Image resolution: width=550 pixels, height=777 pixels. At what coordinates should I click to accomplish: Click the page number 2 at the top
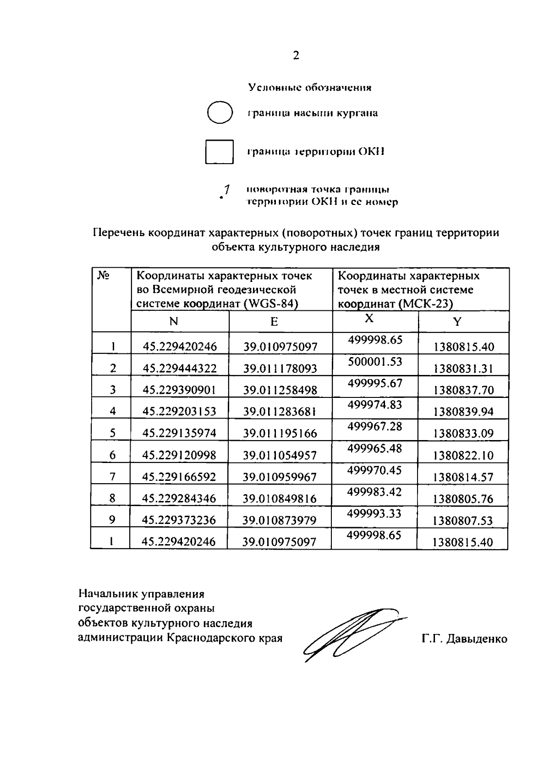(296, 55)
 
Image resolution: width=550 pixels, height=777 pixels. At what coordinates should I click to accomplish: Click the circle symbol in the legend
(220, 112)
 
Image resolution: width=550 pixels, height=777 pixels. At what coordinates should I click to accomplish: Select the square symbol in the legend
(219, 152)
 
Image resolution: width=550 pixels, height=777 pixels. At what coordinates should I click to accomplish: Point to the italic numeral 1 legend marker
(225, 189)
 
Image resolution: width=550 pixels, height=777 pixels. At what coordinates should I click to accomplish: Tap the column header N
(173, 321)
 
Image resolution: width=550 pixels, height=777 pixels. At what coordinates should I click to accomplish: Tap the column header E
(274, 321)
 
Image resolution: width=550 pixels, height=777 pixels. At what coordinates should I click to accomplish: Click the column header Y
(457, 321)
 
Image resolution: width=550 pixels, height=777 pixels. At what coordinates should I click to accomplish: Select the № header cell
(103, 276)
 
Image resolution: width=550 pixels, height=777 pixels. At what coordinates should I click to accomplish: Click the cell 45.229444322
(180, 369)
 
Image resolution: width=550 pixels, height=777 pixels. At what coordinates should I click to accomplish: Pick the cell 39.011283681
(280, 412)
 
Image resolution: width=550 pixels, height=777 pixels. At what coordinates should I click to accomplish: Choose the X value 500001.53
(375, 362)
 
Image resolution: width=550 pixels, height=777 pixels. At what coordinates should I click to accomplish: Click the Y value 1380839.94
(463, 412)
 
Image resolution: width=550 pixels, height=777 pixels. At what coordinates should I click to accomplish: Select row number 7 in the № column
(113, 477)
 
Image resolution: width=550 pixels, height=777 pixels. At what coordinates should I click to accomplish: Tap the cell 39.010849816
(280, 499)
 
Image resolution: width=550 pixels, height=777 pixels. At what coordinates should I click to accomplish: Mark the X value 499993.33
(374, 513)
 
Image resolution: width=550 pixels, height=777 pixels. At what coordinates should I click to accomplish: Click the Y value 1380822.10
(463, 455)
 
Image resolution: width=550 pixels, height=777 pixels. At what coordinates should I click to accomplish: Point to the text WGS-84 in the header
(272, 304)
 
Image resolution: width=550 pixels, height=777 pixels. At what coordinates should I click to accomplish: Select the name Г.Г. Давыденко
(465, 639)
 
